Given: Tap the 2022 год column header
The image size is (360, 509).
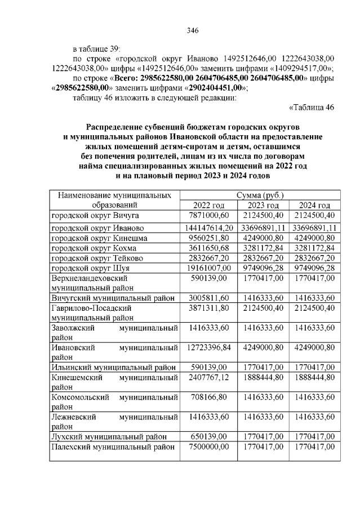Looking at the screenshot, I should [208, 205].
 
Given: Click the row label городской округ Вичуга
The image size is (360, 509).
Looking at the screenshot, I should [96, 215].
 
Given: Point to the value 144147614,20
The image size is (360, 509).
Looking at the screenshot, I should [208, 228].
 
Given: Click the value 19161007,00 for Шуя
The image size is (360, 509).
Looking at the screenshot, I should [208, 269].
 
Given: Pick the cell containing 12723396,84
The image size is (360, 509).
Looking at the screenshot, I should [208, 347].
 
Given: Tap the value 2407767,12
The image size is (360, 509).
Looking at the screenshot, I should [208, 378].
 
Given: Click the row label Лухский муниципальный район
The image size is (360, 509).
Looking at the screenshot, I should [109, 436].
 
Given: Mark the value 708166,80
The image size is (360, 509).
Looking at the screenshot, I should [208, 398].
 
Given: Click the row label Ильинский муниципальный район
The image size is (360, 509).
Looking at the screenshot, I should [113, 367].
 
